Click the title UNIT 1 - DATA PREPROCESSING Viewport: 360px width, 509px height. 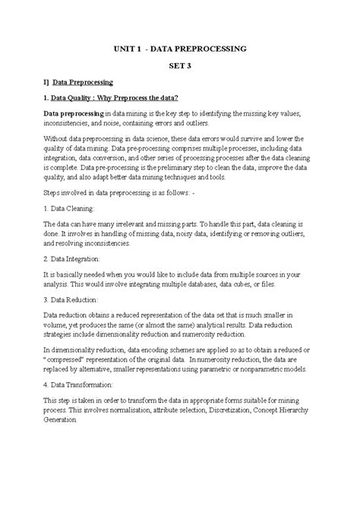coord(180,49)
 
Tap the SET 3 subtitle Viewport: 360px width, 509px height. coord(180,65)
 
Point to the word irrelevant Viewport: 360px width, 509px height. coord(136,224)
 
